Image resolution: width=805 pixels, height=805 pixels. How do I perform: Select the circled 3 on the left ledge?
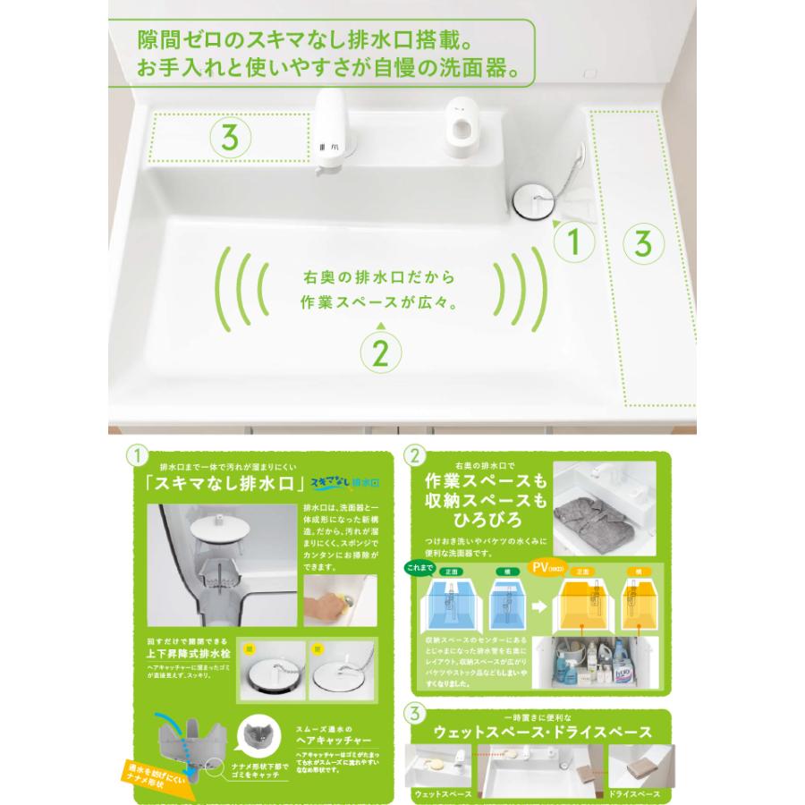228,137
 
